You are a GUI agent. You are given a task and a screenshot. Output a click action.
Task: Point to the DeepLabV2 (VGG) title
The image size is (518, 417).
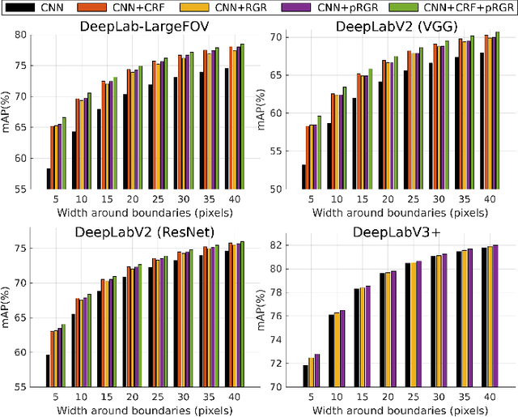pos(398,25)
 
